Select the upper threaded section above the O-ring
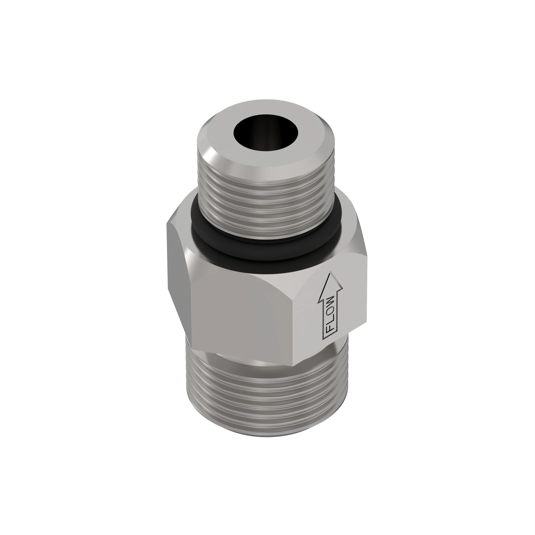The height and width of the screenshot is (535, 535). point(266,194)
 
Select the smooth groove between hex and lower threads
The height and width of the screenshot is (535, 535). point(266,365)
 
